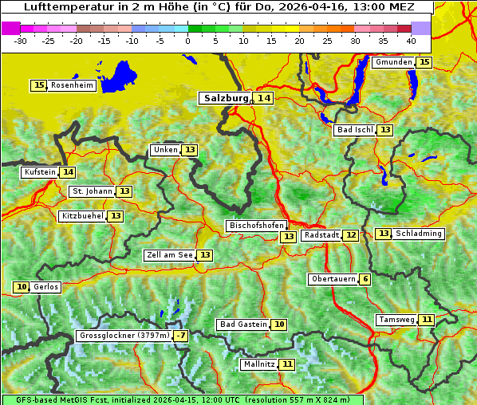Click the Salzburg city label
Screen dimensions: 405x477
(x=227, y=98)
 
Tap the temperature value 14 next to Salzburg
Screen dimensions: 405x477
(x=264, y=98)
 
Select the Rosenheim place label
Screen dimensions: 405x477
(x=72, y=85)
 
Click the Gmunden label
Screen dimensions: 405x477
(x=393, y=62)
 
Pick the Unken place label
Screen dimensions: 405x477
(x=166, y=150)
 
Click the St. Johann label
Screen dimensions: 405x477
(x=92, y=191)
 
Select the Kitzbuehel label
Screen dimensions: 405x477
(x=82, y=216)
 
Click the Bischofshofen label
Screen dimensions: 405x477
(x=256, y=226)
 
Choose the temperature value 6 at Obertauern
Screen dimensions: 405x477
(x=365, y=279)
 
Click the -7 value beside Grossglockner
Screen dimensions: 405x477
(x=181, y=336)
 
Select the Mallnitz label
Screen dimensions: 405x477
(x=259, y=364)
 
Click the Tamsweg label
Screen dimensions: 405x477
(x=396, y=320)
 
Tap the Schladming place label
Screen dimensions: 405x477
(x=419, y=234)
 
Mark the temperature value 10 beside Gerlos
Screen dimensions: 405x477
(x=22, y=287)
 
